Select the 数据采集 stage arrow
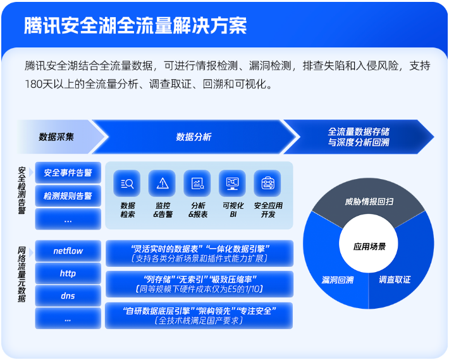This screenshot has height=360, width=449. (x=57, y=136)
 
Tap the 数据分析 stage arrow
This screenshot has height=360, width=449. (x=194, y=136)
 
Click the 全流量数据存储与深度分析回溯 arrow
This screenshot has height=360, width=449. (x=358, y=137)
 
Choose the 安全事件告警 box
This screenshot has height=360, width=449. (x=68, y=172)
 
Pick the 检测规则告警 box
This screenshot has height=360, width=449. (x=68, y=196)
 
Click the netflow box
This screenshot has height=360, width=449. (x=68, y=251)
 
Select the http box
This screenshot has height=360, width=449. (x=68, y=273)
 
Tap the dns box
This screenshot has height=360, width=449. (x=68, y=295)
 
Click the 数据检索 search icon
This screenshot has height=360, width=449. (x=127, y=183)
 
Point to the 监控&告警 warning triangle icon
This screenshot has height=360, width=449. (x=163, y=183)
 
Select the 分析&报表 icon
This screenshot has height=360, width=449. (x=197, y=183)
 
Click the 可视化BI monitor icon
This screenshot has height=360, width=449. (x=233, y=183)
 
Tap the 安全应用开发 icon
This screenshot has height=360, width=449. (x=268, y=183)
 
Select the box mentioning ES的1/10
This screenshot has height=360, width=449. (x=199, y=284)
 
